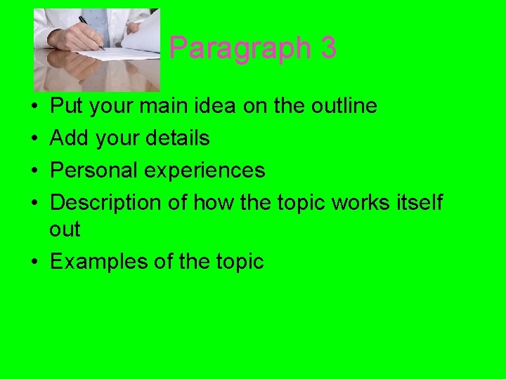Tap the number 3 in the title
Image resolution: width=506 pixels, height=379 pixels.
(327, 48)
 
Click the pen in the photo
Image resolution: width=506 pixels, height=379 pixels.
(91, 32)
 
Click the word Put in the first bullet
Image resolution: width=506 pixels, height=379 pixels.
(65, 107)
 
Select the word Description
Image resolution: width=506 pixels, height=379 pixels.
(105, 203)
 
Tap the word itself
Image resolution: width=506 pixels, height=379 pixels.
(418, 203)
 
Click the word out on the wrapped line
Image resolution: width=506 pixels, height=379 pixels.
(65, 230)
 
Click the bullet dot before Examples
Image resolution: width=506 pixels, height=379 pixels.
(34, 262)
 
